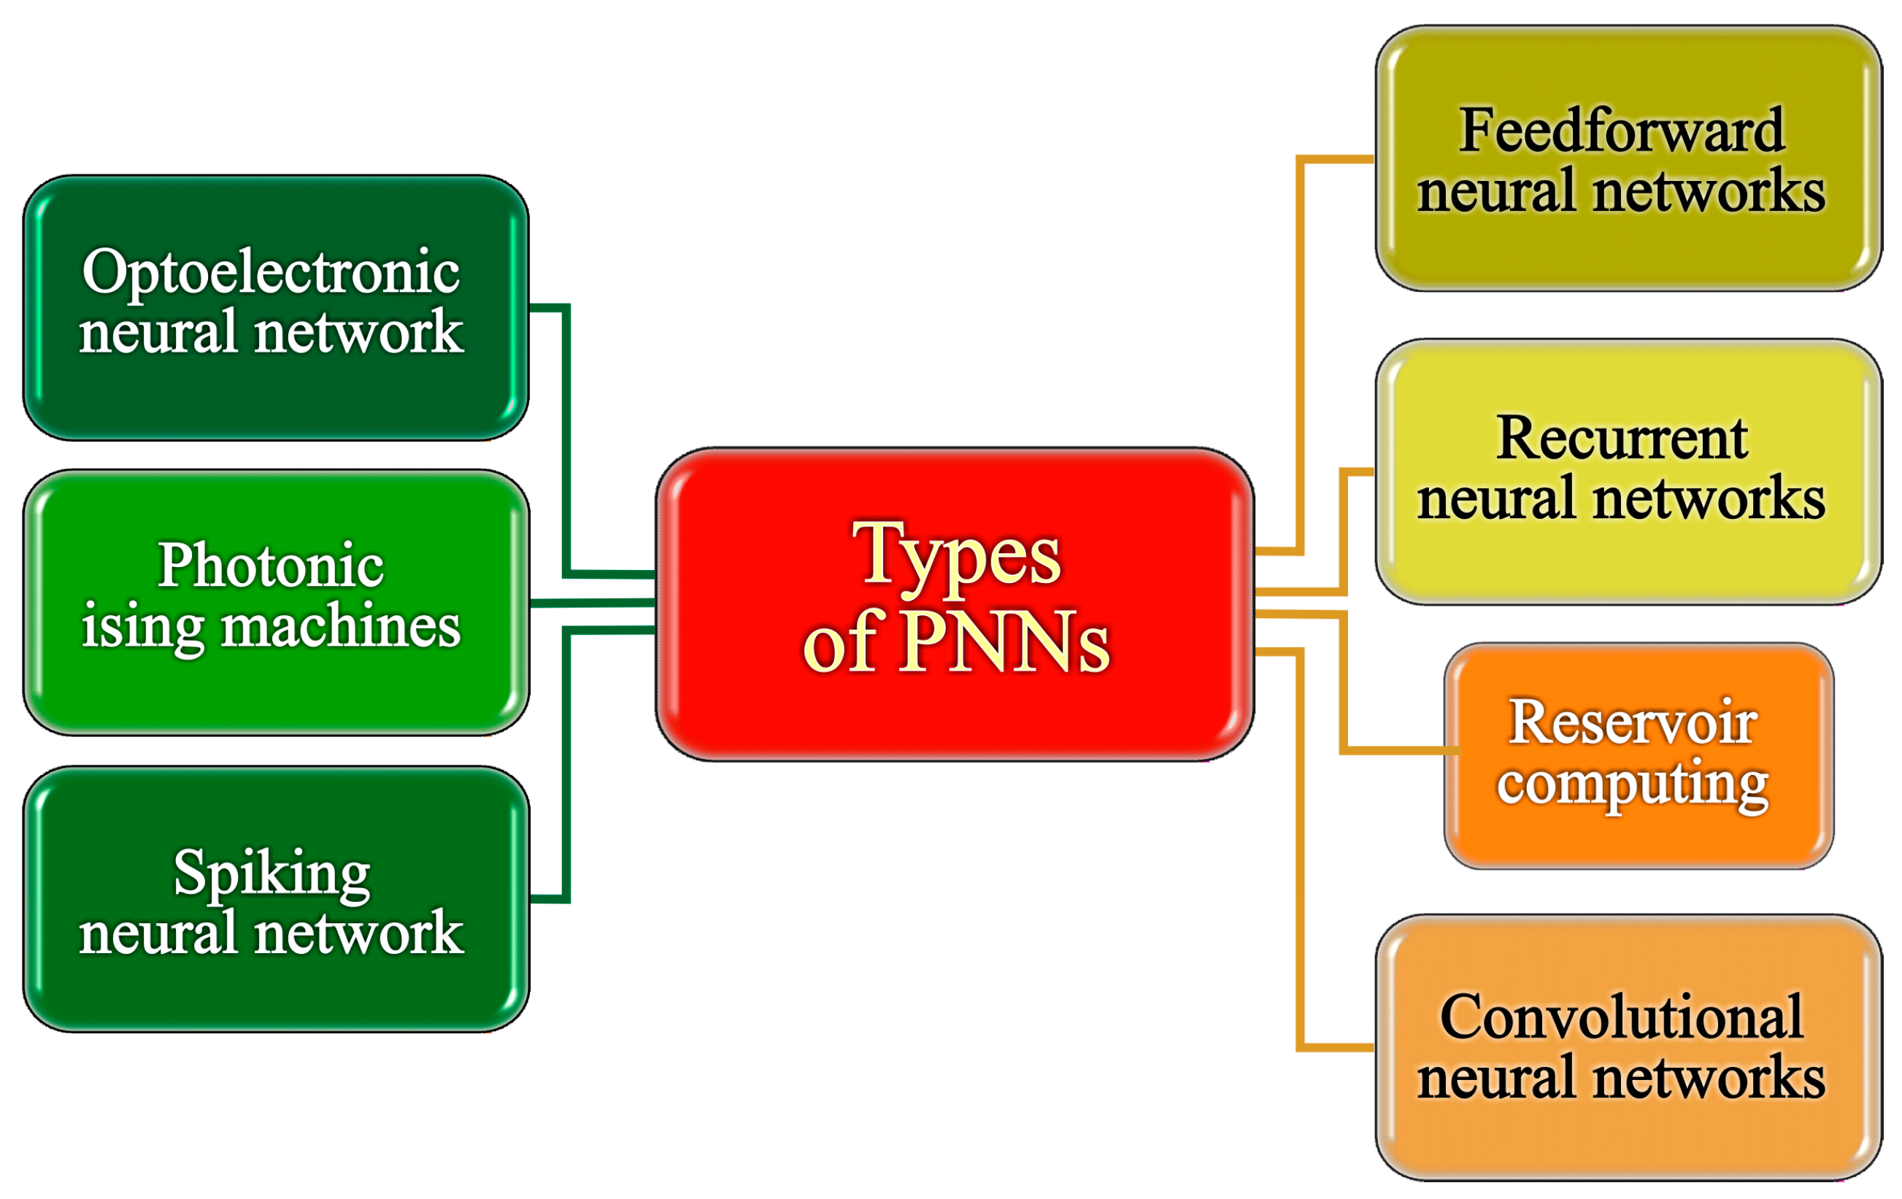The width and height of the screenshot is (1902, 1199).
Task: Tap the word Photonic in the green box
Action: coord(271,566)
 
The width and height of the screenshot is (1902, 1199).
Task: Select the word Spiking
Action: coord(271,874)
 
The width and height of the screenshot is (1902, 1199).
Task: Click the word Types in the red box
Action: coord(957,555)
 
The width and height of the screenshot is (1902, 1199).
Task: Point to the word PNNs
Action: coord(1004,641)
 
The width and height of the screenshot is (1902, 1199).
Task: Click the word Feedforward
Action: coord(1622,131)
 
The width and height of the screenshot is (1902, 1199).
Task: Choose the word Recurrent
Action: coord(1622,438)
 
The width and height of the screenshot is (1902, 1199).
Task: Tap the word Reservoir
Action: coord(1632,722)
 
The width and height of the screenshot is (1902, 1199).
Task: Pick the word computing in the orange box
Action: coord(1632,784)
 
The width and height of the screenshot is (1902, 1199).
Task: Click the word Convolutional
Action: coord(1622,1017)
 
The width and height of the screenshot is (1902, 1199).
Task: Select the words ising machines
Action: coord(271,626)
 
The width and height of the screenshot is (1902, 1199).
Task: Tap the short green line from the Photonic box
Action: coord(593,603)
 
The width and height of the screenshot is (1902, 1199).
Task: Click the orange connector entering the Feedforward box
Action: coord(1300,355)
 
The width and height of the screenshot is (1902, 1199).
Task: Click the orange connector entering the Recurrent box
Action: coord(1344,529)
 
